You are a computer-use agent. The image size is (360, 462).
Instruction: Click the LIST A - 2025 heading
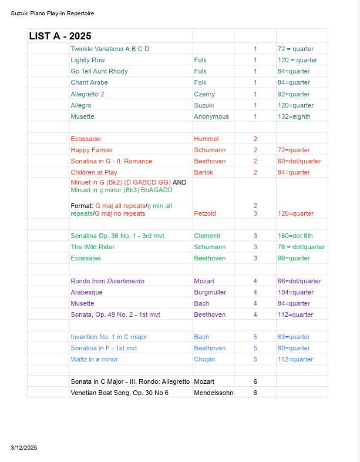point(60,36)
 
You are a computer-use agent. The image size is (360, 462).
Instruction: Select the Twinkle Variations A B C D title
point(110,49)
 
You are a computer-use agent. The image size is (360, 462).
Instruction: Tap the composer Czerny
point(204,94)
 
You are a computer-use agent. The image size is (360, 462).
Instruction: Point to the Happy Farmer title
point(92,150)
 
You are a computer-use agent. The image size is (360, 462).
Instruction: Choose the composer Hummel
point(206,139)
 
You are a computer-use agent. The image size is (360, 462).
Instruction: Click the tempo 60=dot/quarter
point(299,161)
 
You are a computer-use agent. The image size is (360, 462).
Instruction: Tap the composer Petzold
point(206,213)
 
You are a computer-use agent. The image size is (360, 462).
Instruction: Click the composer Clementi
point(207,236)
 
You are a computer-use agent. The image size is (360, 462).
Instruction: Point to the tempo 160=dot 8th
point(295,236)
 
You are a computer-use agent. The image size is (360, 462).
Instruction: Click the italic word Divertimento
point(125,281)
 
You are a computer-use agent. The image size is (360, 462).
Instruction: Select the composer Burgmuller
point(211,292)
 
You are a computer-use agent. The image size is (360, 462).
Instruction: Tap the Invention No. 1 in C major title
point(109,337)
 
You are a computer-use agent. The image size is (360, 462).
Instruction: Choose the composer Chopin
point(204,359)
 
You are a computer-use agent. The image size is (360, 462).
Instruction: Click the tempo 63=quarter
point(294,337)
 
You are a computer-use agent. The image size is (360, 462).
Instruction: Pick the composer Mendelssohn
point(214,393)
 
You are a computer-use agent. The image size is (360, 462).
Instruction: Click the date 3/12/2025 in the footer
point(24,448)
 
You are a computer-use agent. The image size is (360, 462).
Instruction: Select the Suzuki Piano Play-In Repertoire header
point(52,13)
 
